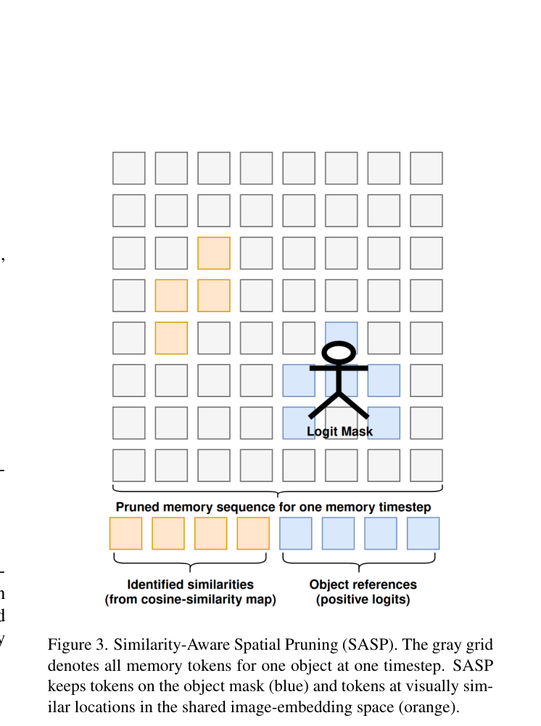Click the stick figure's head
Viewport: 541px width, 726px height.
pos(339,352)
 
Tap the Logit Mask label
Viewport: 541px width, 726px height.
pos(340,431)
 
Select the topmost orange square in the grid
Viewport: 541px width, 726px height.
pos(214,253)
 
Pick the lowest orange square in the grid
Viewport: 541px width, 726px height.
pos(171,338)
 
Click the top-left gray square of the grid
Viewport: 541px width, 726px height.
pos(128,168)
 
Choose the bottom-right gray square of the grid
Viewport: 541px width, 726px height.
pos(426,465)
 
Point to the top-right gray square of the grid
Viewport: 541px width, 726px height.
pos(426,168)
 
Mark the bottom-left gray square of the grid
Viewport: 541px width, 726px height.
pos(128,465)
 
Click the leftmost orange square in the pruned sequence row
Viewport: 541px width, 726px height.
pos(125,534)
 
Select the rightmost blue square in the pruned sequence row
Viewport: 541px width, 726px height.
pos(423,534)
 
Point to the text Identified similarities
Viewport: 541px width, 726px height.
pos(191,584)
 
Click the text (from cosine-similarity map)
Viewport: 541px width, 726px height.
pos(191,599)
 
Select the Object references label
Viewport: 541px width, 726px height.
pos(363,584)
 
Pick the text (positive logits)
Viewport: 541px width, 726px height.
pos(363,599)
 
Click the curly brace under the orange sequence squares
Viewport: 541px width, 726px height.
pos(190,563)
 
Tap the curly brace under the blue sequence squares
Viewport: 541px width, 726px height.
pos(359,563)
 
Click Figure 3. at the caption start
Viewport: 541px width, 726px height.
pos(78,645)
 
